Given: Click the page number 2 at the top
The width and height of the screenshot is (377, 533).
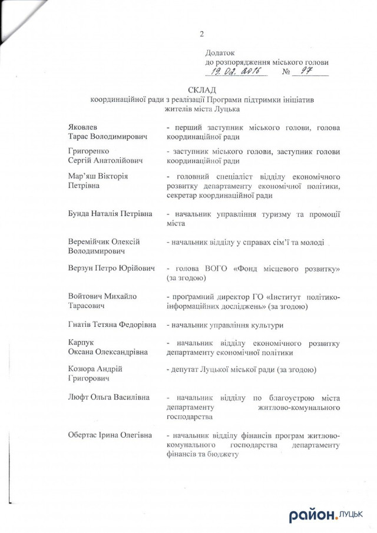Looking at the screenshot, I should click(x=201, y=34).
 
